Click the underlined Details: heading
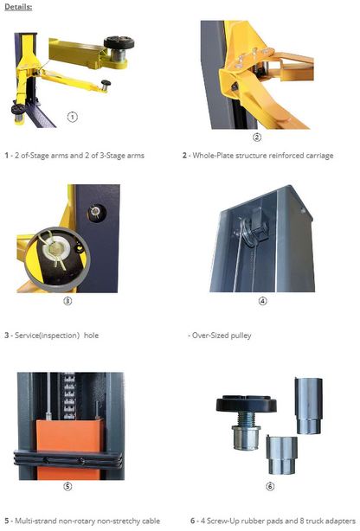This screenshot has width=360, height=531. click(x=18, y=7)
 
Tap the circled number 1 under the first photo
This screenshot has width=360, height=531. click(x=73, y=117)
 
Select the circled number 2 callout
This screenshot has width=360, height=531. click(x=257, y=137)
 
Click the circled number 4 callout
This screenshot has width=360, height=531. click(x=262, y=300)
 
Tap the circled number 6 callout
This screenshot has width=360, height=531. click(x=270, y=486)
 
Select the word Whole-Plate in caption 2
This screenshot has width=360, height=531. click(x=212, y=156)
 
